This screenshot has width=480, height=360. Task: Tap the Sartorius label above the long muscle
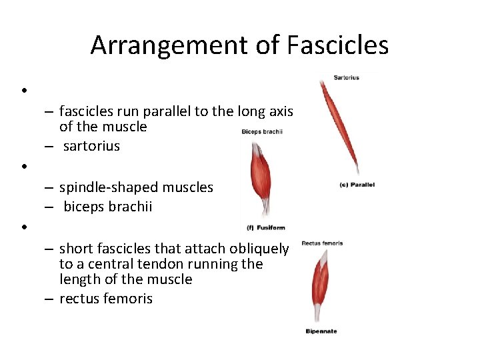point(347,78)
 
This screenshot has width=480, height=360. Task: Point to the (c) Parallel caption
point(357,185)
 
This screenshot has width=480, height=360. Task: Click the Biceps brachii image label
point(262,131)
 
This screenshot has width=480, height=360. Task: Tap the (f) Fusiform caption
point(266,228)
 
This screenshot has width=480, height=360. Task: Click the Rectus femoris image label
point(322,243)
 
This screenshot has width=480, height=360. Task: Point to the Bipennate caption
point(321,331)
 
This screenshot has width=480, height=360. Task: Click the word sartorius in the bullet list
point(92,146)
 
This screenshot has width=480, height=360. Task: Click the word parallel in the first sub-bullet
point(165,111)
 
